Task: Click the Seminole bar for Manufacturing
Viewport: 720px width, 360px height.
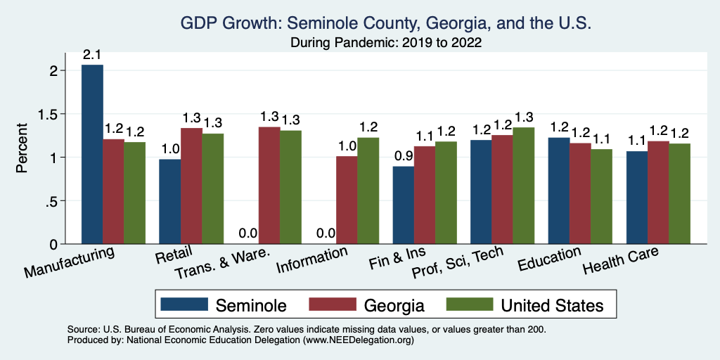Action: tap(92, 155)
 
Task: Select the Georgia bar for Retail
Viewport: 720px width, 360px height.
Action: tap(191, 186)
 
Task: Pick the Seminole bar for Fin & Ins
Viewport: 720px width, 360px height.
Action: tap(403, 205)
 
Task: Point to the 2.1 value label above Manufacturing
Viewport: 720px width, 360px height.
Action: tap(92, 54)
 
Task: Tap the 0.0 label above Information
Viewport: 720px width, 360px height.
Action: tap(325, 233)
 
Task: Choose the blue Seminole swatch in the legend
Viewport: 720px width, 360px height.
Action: tap(185, 305)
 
